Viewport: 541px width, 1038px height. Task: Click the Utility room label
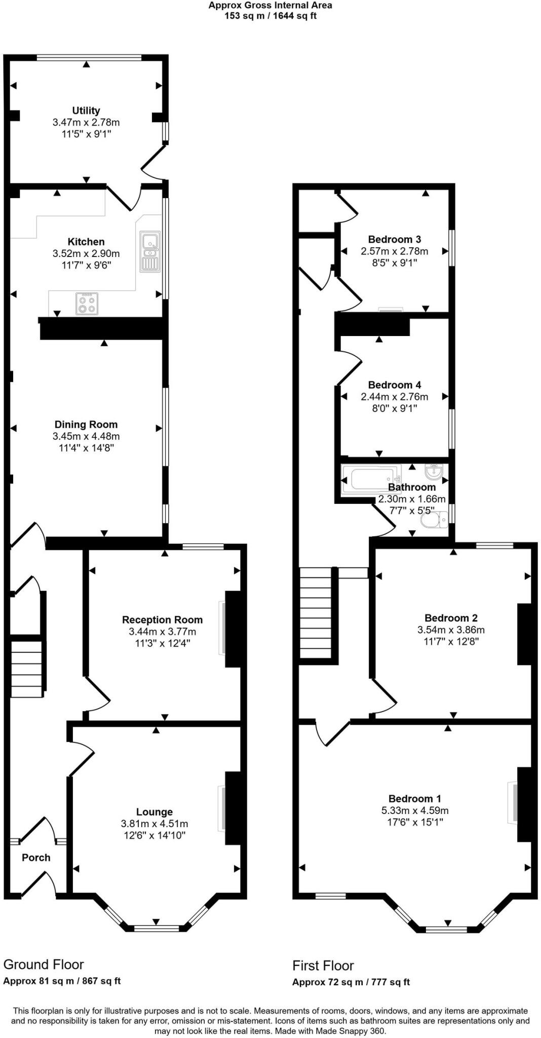click(x=86, y=110)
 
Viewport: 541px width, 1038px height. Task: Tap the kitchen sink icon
click(x=150, y=252)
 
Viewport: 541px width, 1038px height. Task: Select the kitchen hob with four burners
click(x=87, y=303)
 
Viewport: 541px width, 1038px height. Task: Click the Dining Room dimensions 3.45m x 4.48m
click(x=86, y=436)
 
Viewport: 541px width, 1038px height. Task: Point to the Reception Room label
click(x=162, y=619)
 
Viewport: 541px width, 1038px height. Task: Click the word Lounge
click(x=154, y=812)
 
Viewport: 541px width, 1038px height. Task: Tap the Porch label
click(x=36, y=858)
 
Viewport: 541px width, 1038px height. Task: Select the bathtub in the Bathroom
click(x=372, y=479)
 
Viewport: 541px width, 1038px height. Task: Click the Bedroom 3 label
click(x=395, y=239)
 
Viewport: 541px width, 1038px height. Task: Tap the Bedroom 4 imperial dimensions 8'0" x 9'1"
click(x=395, y=409)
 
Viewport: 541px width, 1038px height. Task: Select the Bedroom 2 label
click(x=451, y=618)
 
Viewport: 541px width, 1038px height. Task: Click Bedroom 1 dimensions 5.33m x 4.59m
click(x=415, y=810)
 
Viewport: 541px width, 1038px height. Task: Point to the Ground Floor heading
click(x=44, y=964)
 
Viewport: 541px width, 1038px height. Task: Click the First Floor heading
click(x=323, y=965)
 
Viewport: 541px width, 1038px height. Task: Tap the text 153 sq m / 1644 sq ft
click(x=270, y=16)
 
